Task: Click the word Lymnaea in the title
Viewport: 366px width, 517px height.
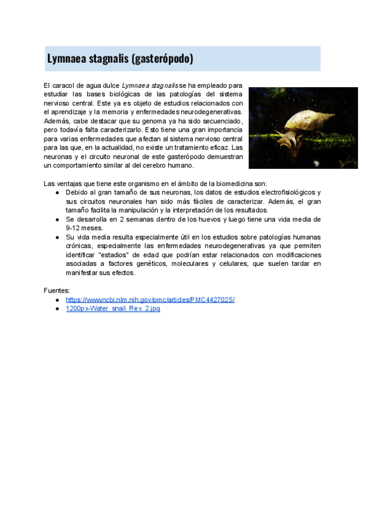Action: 67,59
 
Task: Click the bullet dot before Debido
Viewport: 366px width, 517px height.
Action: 57,192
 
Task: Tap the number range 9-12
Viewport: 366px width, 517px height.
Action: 75,227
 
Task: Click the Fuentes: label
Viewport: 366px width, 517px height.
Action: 57,291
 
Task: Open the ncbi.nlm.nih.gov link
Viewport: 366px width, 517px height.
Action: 150,300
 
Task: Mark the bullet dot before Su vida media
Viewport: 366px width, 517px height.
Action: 57,237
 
